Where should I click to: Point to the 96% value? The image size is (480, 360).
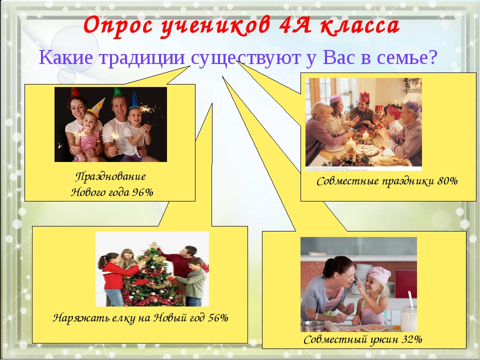[142, 192]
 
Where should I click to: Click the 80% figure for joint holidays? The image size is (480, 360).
[447, 181]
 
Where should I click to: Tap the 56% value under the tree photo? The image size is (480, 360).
[218, 318]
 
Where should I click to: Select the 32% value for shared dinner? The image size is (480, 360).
[412, 339]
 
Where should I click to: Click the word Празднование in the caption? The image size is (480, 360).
[110, 176]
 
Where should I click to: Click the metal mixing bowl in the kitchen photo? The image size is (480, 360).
[312, 326]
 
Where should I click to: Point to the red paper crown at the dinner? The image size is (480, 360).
[364, 97]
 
